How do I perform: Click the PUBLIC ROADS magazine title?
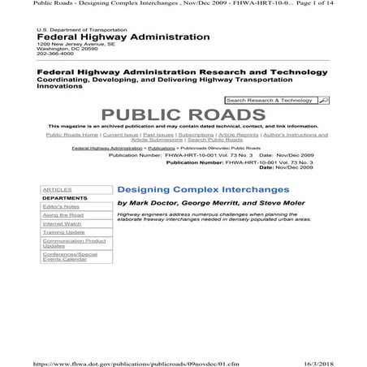183,114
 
